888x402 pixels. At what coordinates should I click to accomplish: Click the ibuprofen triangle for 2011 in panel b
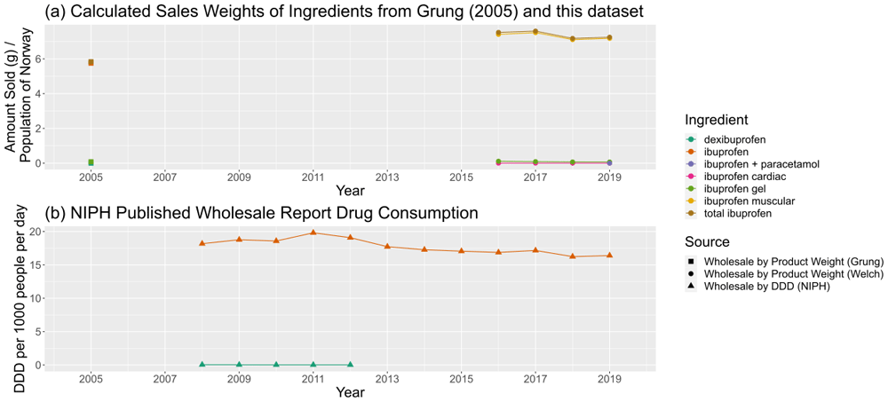tap(313, 233)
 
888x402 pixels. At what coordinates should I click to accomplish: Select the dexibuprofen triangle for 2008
tap(202, 364)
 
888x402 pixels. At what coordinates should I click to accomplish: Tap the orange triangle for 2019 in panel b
tap(609, 255)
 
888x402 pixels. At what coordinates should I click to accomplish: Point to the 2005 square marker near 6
tap(91, 62)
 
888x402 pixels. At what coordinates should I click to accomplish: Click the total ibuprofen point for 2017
tap(535, 32)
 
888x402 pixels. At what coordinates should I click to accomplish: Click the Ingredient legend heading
tap(717, 120)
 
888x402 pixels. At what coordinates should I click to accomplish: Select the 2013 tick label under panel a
tap(387, 176)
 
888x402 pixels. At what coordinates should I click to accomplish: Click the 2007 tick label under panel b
tap(163, 377)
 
